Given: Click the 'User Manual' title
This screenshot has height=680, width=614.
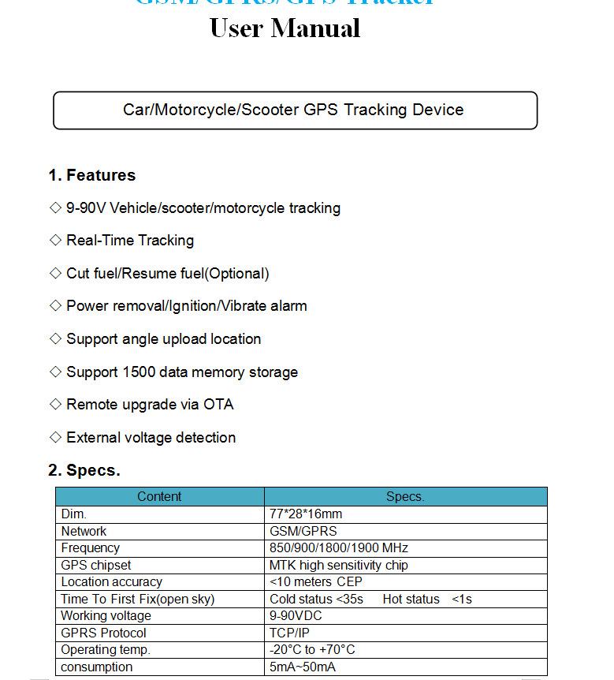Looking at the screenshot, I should (x=285, y=29).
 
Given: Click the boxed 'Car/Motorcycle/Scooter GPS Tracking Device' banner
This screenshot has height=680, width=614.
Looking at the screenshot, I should (x=293, y=110).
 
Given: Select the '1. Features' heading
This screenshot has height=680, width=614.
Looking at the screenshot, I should (x=91, y=175).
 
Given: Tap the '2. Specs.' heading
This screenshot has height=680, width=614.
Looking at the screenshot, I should (x=84, y=470).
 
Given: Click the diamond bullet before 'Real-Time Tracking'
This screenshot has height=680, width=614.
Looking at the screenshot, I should (x=55, y=240).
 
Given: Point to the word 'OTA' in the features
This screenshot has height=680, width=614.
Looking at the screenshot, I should (x=218, y=405).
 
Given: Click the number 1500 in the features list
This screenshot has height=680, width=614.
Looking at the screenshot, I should (x=139, y=372).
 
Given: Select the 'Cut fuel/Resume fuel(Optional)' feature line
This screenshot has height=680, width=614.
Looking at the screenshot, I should (x=167, y=274).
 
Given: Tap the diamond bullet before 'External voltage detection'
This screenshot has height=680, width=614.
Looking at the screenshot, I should (x=55, y=437).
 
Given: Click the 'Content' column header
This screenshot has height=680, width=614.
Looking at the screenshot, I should (x=159, y=497).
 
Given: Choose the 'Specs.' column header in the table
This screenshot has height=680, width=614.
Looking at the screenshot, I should (x=405, y=497).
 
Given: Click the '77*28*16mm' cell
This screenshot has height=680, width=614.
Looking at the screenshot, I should (x=306, y=514).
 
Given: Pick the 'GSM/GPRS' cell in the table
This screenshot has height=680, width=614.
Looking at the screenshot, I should (x=303, y=531).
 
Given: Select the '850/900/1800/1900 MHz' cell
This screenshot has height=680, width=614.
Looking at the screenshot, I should (x=338, y=548).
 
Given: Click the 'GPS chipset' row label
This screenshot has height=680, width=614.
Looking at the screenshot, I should (x=96, y=565).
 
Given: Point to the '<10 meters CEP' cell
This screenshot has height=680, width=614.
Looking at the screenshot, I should (x=315, y=582).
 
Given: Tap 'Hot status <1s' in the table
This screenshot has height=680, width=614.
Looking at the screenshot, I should (x=427, y=599).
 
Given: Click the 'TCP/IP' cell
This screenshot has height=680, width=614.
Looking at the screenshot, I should (x=289, y=633).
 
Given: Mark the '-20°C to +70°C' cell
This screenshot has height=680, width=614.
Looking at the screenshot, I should (x=312, y=650).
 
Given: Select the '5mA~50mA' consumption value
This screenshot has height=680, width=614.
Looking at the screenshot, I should (x=302, y=667).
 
